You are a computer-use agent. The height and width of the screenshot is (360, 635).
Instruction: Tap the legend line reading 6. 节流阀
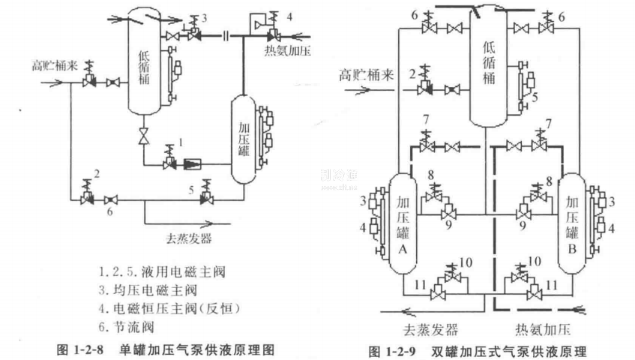(x=127, y=327)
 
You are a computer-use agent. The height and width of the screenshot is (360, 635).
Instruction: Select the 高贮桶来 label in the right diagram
(x=365, y=74)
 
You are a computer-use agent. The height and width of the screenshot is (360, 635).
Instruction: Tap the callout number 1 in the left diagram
(x=180, y=139)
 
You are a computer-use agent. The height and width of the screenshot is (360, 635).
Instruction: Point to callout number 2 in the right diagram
(x=412, y=73)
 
